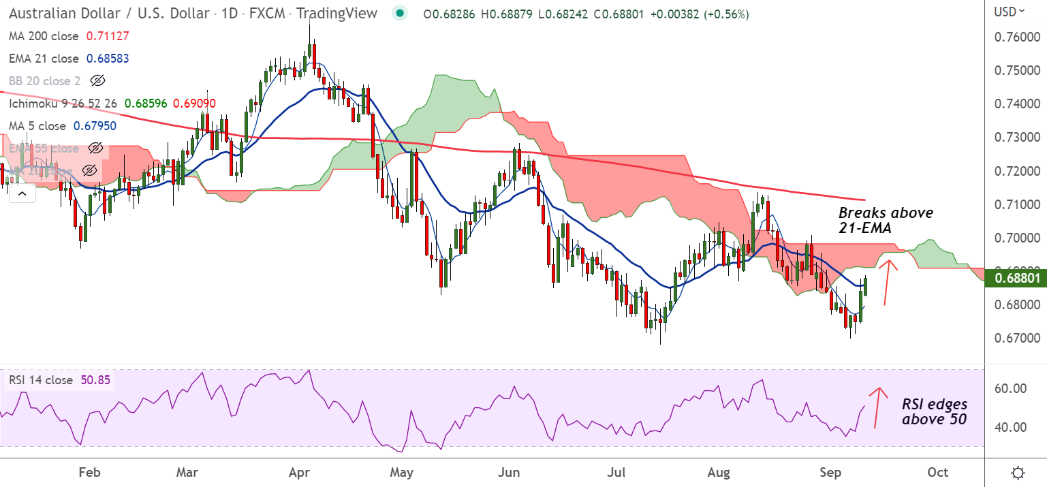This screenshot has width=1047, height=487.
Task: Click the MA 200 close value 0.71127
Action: click(x=108, y=36)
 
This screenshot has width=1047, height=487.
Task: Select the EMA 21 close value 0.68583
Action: click(x=108, y=59)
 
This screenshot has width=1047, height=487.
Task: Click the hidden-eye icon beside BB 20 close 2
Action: click(x=97, y=81)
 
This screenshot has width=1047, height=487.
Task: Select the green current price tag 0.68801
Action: click(x=1018, y=278)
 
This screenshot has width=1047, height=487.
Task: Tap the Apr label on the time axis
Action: click(x=298, y=473)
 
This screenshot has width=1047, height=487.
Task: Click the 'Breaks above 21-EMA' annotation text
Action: click(x=886, y=219)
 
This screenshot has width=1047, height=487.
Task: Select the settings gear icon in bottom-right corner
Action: click(x=1018, y=473)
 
